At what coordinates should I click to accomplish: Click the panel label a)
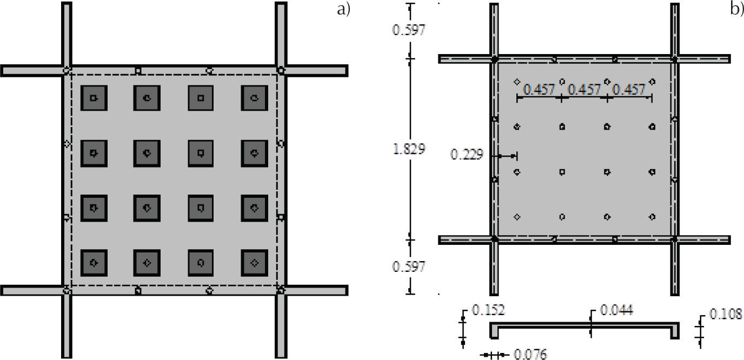click(x=343, y=10)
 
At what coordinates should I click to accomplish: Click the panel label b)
click(x=737, y=10)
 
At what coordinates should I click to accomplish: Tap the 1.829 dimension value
click(x=409, y=149)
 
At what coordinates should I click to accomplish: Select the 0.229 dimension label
click(x=467, y=155)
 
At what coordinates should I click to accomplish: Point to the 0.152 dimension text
click(x=488, y=310)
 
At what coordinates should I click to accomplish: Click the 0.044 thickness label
click(x=617, y=310)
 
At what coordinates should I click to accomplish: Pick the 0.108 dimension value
click(x=726, y=314)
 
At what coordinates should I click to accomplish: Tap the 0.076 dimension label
click(x=530, y=354)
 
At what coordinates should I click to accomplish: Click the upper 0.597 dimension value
click(x=409, y=30)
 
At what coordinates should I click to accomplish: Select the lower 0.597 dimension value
click(x=409, y=266)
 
